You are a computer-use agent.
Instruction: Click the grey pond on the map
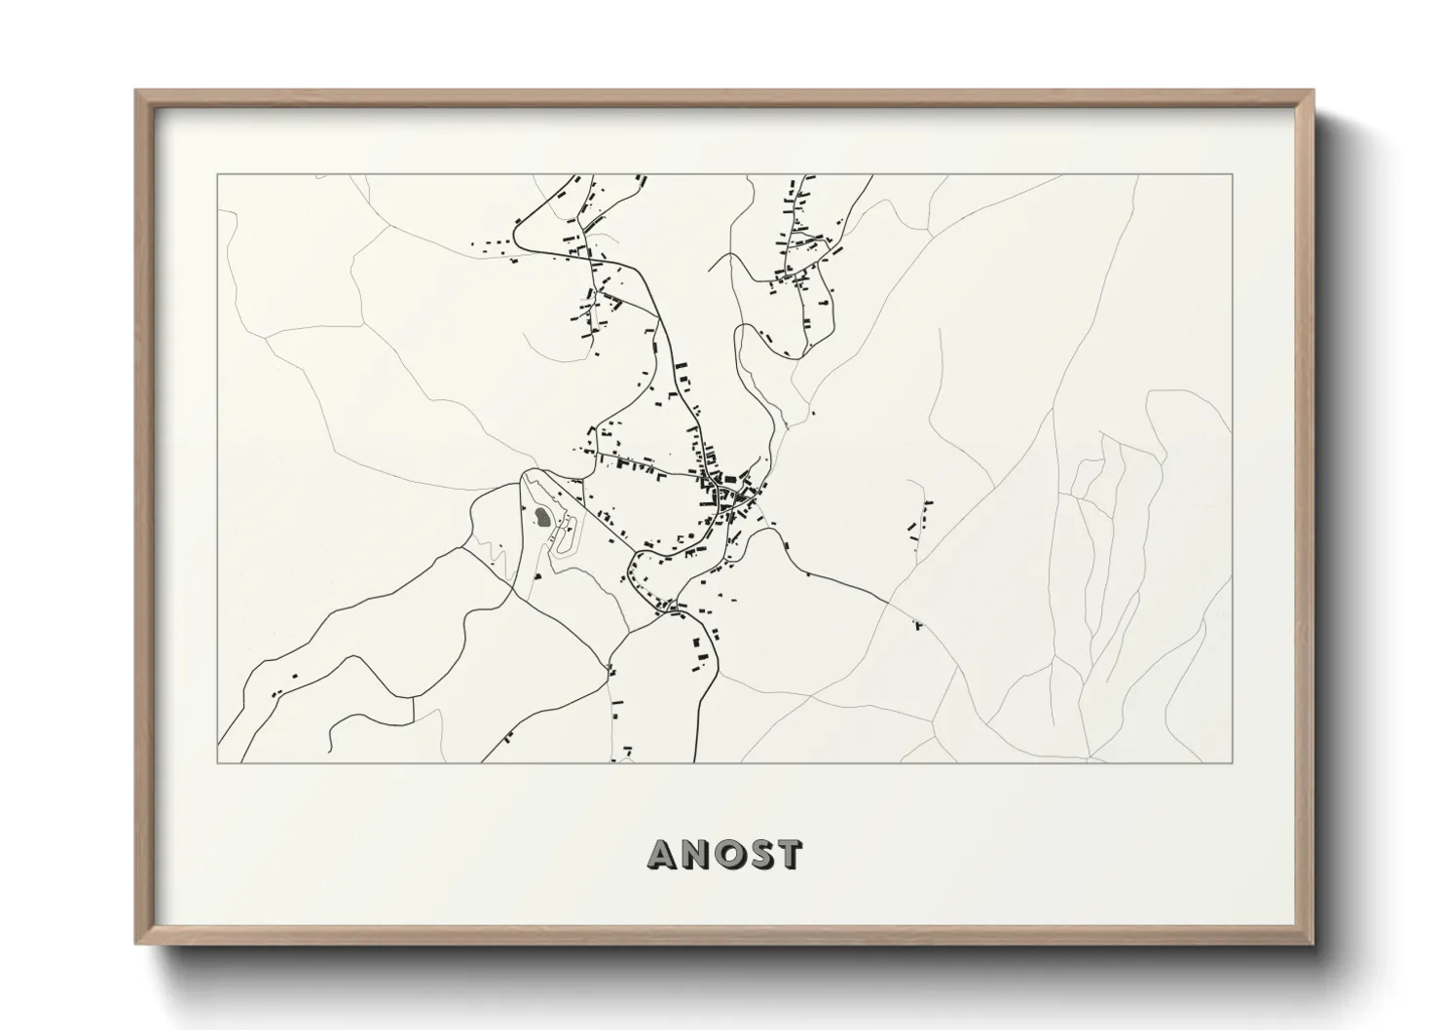pos(541,518)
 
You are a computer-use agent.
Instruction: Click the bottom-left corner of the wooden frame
pos(136,941)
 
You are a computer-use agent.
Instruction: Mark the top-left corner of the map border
pos(217,175)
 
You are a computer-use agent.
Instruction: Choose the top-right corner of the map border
pos(1233,175)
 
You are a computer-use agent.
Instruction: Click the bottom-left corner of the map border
pos(217,762)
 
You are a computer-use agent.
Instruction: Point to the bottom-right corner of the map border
pos(1233,762)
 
